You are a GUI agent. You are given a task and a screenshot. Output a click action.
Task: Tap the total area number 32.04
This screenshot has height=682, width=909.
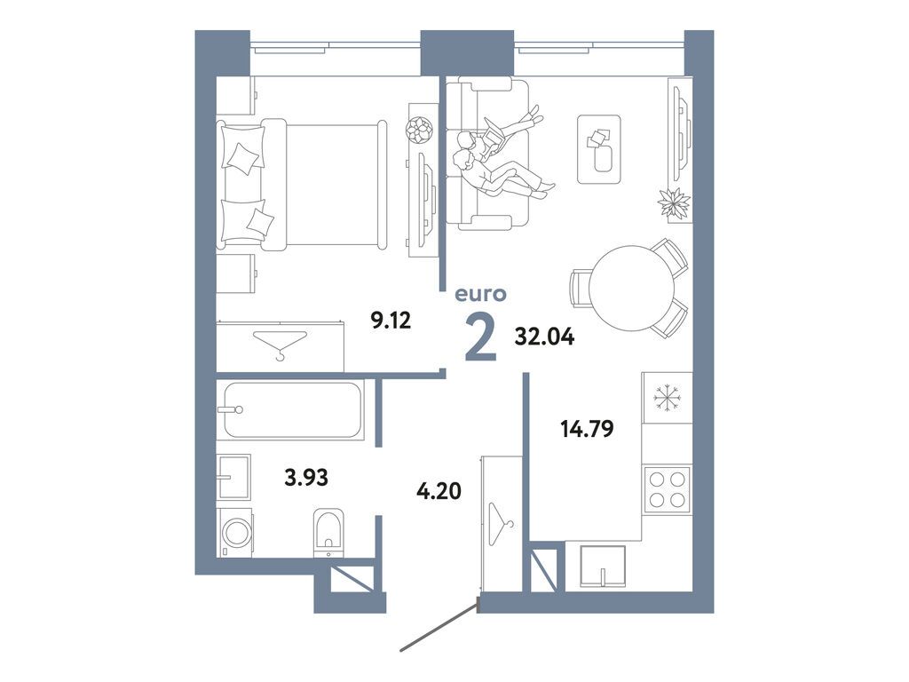(544, 337)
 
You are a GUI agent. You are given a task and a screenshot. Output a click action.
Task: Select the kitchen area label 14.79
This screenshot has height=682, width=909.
(587, 429)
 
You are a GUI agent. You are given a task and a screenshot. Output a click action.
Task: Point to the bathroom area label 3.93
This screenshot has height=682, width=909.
(306, 478)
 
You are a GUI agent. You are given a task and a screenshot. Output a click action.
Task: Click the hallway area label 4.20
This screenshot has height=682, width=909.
(439, 489)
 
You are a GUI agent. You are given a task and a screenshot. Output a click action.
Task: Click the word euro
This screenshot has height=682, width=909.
(479, 294)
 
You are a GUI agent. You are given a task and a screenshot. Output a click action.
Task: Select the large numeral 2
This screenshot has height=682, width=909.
(480, 338)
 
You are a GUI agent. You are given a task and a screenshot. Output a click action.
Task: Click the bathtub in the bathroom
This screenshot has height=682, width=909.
(293, 409)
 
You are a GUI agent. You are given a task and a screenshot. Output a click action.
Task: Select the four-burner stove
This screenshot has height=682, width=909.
(667, 489)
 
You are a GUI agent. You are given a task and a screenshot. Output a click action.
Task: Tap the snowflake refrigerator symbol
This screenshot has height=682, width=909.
(666, 398)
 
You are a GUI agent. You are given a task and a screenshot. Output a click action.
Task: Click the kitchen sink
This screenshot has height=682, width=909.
(602, 567)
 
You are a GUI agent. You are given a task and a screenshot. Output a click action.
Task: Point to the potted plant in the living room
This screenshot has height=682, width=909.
(674, 203)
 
